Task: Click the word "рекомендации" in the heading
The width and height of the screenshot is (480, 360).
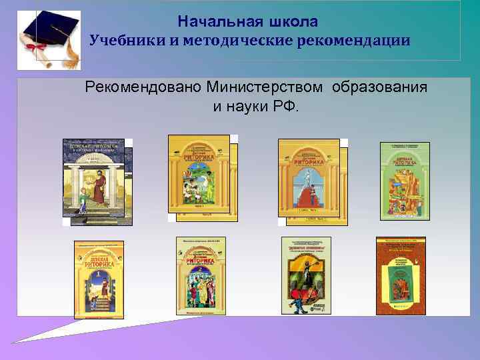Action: (x=357, y=41)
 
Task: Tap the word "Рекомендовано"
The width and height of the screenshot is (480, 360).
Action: (x=143, y=88)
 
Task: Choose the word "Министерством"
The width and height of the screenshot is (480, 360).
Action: (x=265, y=88)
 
